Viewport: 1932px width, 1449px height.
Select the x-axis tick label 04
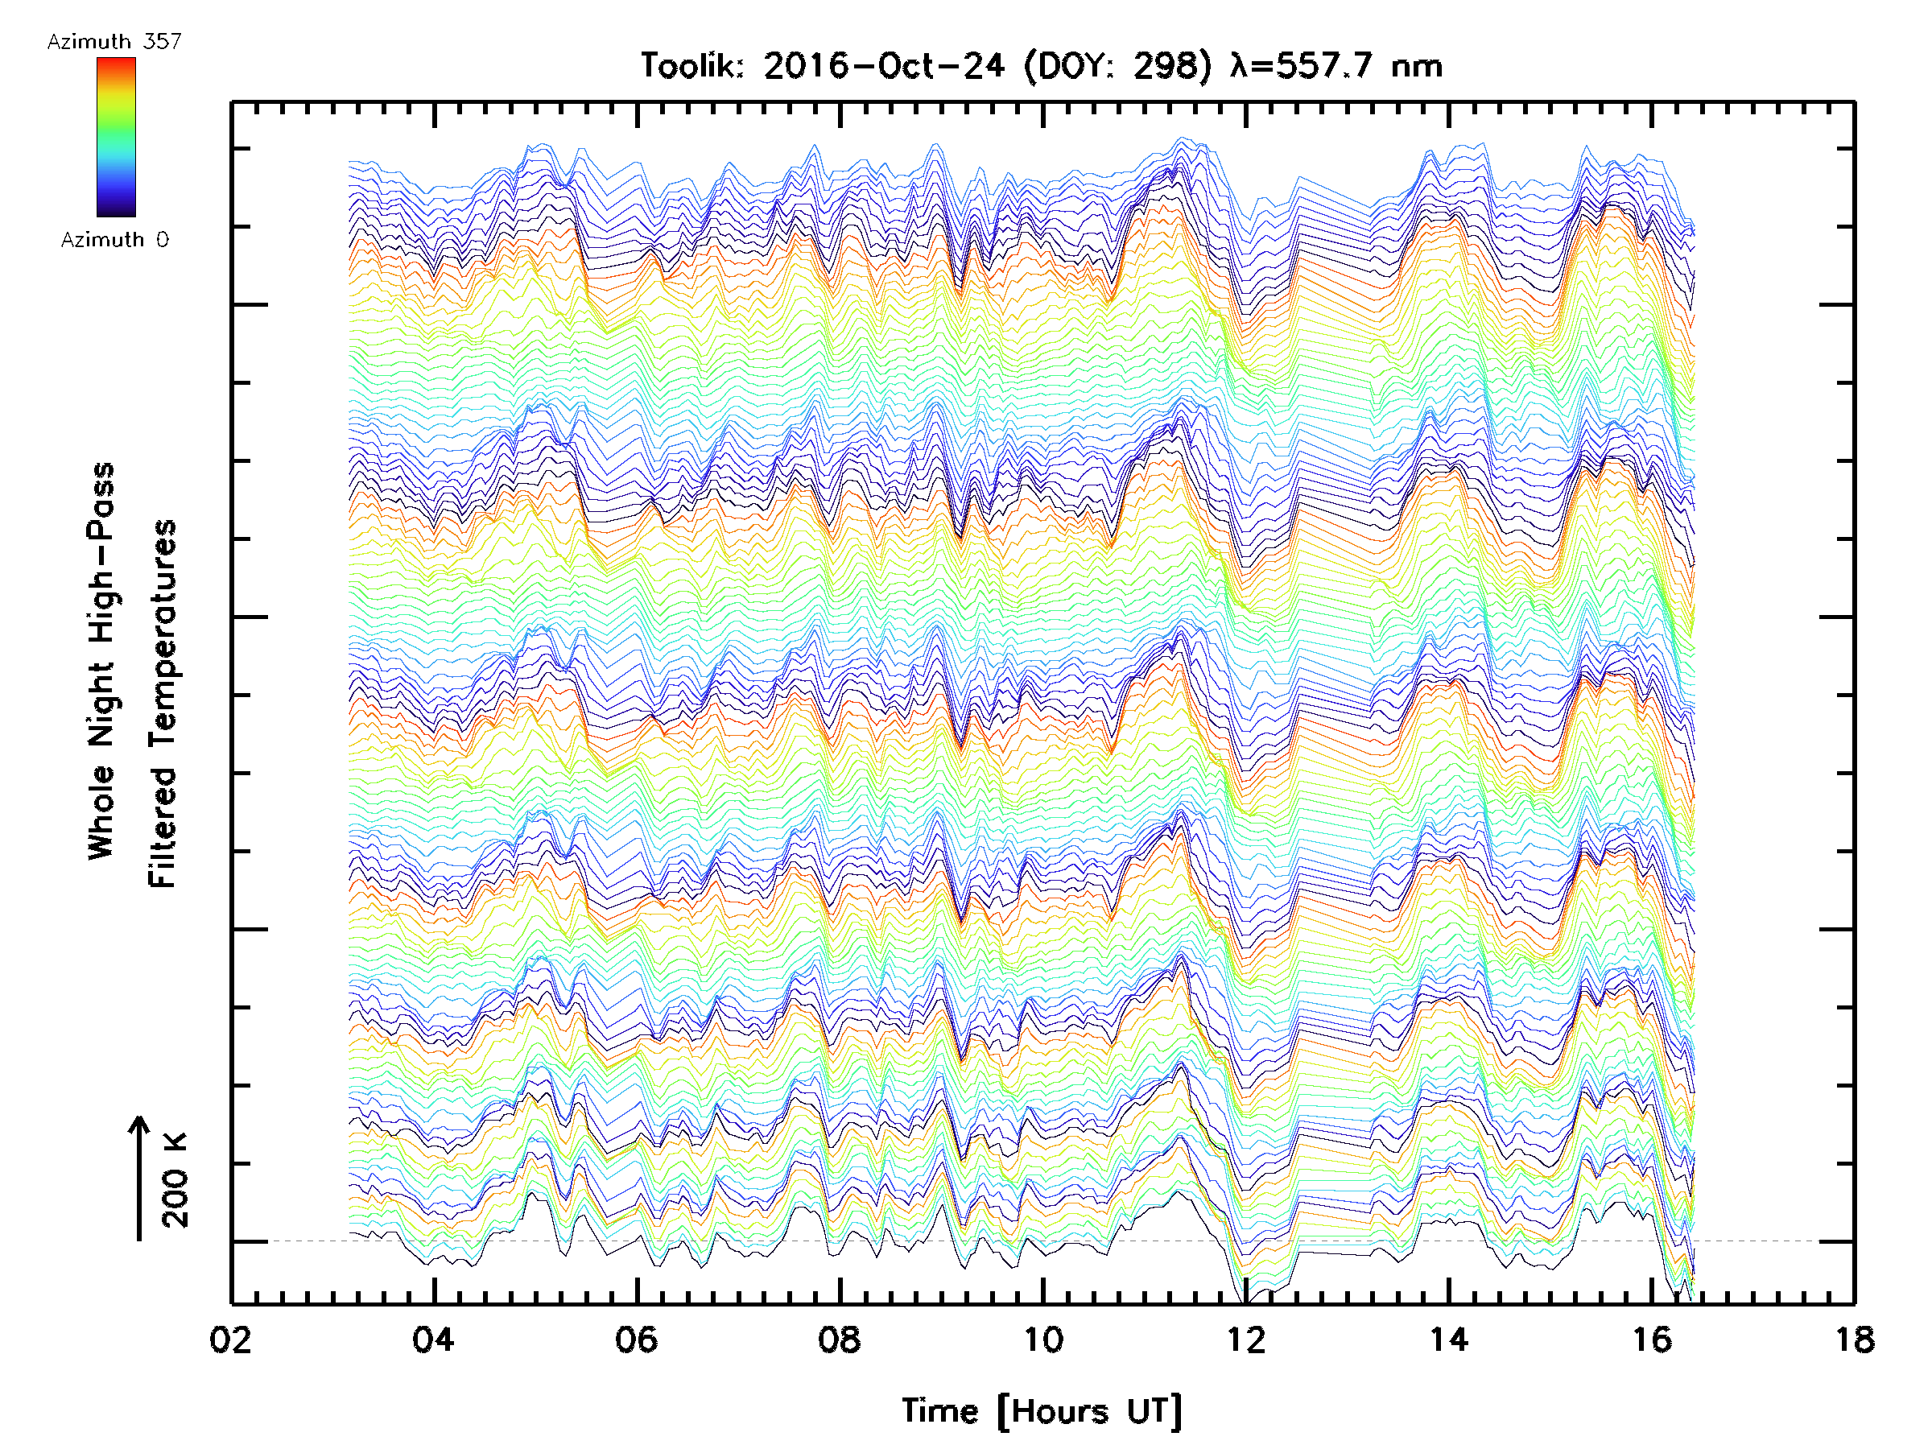coord(433,1340)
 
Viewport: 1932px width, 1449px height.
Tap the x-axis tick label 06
coord(636,1340)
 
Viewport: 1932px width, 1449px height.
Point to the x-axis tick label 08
coord(840,1340)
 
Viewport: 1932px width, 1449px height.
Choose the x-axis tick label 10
coord(1042,1340)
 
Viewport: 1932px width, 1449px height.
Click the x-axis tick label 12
coord(1245,1340)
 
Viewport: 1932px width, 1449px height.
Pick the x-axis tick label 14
coord(1448,1340)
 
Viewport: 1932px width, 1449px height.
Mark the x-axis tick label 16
coord(1652,1340)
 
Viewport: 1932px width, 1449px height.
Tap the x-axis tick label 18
coord(1853,1340)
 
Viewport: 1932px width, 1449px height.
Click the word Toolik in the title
coord(691,66)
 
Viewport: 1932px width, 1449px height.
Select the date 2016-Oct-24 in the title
coord(884,66)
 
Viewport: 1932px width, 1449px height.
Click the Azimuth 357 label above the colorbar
coord(114,42)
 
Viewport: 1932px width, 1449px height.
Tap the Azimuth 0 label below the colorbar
coord(114,240)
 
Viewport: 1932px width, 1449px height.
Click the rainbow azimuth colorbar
coord(116,137)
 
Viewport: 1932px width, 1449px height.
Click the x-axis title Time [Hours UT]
coord(1042,1411)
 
